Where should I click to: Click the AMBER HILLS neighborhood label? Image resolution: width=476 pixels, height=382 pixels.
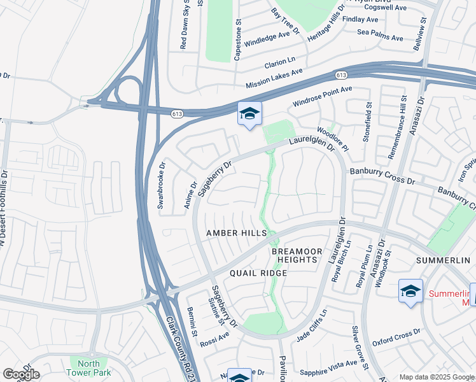pos(236,234)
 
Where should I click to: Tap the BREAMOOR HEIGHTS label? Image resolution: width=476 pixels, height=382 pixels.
pos(295,256)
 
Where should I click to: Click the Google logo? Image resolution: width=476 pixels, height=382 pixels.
pos(20,374)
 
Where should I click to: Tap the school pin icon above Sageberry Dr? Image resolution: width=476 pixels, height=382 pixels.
pos(249,115)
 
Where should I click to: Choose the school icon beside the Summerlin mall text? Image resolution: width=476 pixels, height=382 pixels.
pos(410,292)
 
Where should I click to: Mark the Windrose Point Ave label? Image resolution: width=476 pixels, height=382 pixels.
pos(322,97)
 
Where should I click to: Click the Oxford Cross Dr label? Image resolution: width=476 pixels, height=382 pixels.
pos(397,337)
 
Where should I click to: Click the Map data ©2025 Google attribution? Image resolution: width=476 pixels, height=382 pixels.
pos(437,377)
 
